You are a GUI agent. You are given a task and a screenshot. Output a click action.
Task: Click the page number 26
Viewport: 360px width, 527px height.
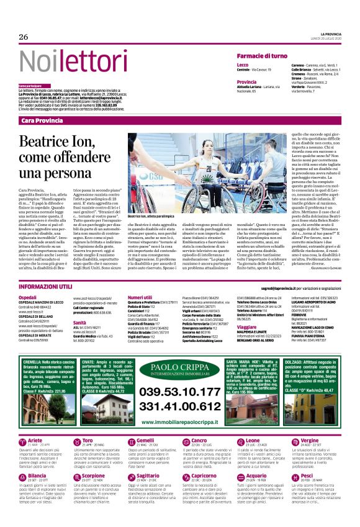pyautogui.click(x=24, y=37)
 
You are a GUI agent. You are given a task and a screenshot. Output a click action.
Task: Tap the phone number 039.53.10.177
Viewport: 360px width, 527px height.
pyautogui.click(x=180, y=392)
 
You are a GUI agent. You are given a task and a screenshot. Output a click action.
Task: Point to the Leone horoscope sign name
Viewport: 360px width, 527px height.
pyautogui.click(x=244, y=440)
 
